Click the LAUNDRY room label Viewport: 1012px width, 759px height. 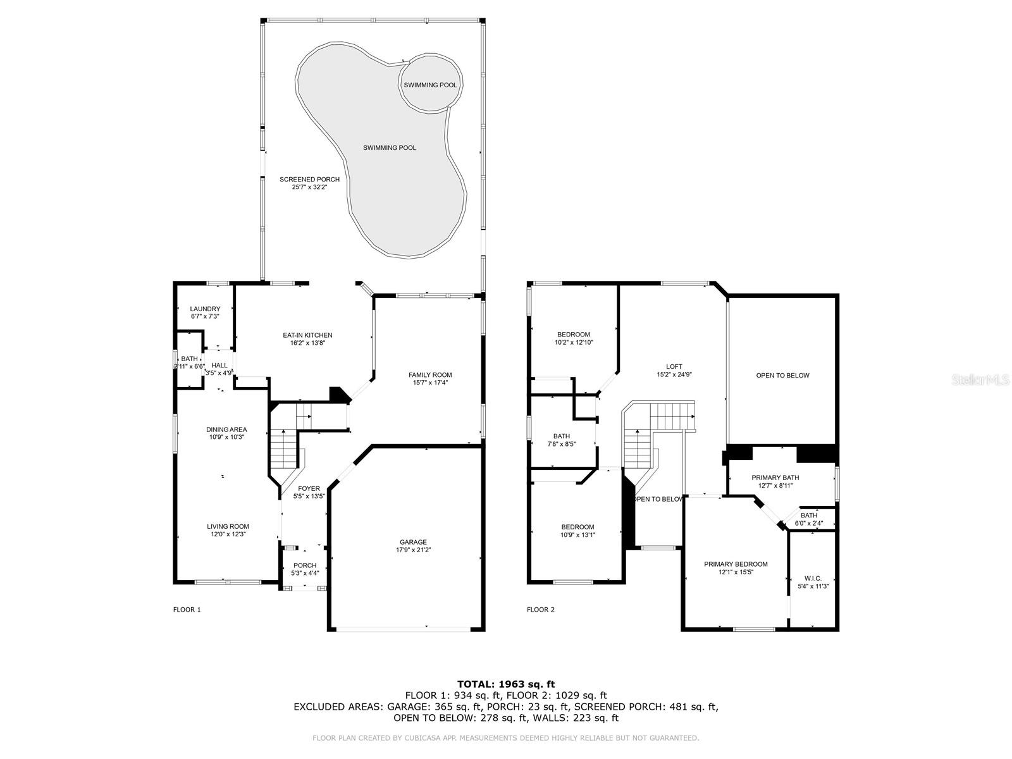205,309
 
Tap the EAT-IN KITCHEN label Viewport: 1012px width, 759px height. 307,335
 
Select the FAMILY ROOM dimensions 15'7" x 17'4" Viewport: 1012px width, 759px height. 430,383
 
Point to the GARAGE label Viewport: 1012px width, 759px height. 413,542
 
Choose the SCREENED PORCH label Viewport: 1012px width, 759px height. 309,179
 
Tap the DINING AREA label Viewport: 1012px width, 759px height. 226,429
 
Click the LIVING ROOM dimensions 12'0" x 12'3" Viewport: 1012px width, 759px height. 228,534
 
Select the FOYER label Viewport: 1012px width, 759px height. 309,488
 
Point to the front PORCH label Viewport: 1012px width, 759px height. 305,565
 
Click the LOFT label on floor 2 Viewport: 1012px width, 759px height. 674,367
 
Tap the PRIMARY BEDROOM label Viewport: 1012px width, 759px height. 736,564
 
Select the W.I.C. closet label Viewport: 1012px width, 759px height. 813,578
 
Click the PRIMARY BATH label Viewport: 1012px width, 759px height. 775,478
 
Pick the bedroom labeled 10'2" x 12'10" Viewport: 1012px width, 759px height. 574,338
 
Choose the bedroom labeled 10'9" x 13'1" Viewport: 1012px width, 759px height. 577,531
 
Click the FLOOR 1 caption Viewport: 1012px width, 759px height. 187,610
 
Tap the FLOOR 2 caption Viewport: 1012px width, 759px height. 540,610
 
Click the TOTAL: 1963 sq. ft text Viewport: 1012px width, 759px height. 506,684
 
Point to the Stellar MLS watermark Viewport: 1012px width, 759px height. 980,380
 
